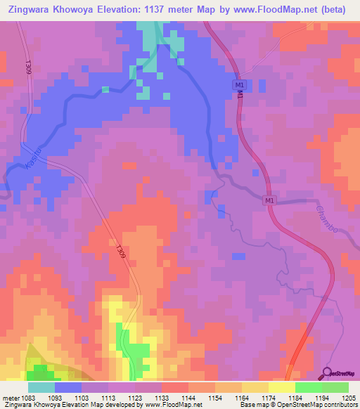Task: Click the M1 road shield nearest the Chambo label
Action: pos(269,201)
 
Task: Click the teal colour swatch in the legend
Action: pos(41,388)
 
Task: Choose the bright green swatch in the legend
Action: pos(309,388)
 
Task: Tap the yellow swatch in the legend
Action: pos(282,388)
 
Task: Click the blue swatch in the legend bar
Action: pos(68,388)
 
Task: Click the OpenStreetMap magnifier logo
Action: pos(326,372)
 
